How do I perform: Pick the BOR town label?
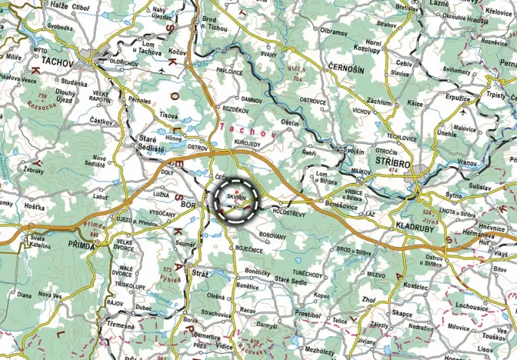[x=189, y=205]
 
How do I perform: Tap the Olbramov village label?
[x=334, y=32]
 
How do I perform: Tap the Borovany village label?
[x=272, y=235]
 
